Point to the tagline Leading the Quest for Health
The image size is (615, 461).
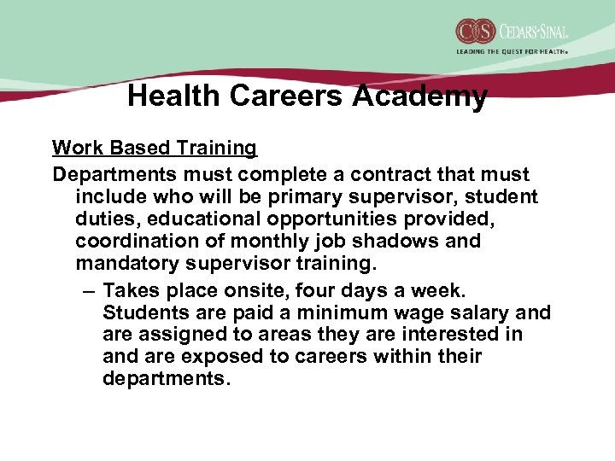click(x=512, y=52)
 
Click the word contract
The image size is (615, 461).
click(x=379, y=174)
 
